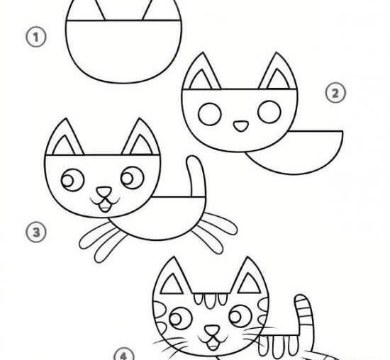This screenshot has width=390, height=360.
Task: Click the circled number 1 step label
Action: point(36,38)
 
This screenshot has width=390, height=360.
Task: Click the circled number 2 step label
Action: point(335,93)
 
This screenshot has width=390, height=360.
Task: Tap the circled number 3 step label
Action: point(36,232)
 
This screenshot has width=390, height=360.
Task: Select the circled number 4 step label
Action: point(124,354)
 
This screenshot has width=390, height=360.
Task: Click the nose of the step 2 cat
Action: point(241,126)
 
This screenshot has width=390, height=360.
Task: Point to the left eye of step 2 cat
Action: point(210,114)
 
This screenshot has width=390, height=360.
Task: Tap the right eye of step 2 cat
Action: point(269,112)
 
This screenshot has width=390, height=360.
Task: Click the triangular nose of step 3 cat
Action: point(104,192)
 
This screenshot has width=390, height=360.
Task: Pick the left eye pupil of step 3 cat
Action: point(67,181)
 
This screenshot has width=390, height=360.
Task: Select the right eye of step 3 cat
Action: point(133,178)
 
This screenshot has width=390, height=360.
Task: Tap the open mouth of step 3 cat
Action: point(105,206)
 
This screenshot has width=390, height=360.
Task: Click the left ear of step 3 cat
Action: point(65,137)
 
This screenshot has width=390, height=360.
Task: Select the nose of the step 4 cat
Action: point(212,331)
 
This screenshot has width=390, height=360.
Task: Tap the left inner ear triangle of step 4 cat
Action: point(172,284)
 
